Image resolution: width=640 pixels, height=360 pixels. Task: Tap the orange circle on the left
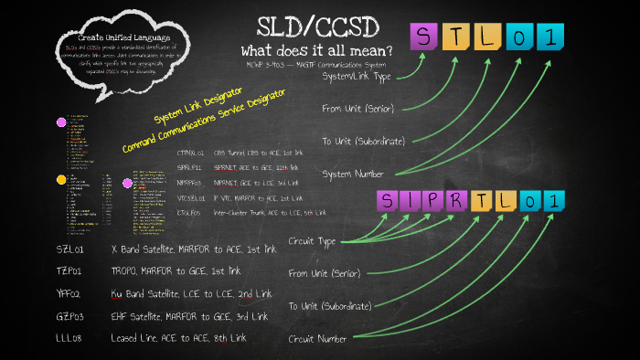pyautogui.click(x=61, y=180)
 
